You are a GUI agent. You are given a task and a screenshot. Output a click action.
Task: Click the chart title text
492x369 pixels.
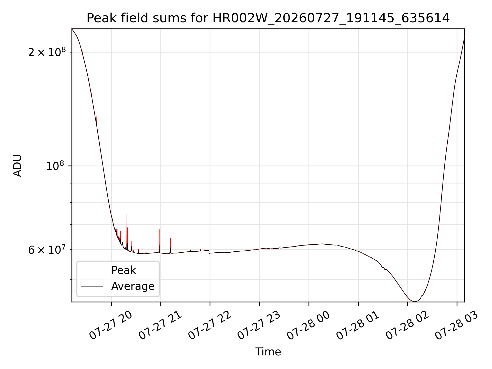tap(268, 18)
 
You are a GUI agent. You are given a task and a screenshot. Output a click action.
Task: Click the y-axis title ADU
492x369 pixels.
tap(17, 166)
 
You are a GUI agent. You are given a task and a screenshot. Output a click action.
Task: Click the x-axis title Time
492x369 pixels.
tap(268, 352)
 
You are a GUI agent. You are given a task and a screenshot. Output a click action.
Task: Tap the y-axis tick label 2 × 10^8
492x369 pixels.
tap(47, 52)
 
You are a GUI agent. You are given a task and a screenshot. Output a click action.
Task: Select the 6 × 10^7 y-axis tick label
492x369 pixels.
tap(47, 250)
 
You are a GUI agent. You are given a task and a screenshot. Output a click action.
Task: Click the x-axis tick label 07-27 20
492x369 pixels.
tap(111, 325)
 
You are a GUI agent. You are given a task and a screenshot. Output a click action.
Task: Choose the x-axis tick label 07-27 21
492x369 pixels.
tap(160, 325)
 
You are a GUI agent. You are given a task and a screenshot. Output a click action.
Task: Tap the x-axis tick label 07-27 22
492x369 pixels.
tap(210, 325)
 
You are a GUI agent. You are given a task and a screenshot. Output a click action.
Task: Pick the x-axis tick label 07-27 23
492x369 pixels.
tap(259, 325)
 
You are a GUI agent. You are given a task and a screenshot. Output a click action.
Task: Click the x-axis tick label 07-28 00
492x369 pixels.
tap(308, 325)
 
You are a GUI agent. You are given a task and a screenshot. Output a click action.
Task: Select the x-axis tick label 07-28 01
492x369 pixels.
tap(358, 325)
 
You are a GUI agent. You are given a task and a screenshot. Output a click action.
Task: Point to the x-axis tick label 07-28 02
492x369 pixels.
tap(407, 325)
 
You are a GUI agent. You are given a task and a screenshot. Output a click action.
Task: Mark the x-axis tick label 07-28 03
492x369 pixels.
tap(457, 325)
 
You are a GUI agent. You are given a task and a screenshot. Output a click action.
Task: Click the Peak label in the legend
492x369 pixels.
tap(124, 270)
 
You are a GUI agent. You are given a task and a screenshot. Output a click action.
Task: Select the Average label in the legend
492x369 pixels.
tap(133, 286)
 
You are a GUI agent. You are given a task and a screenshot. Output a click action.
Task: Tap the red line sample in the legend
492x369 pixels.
tap(92, 270)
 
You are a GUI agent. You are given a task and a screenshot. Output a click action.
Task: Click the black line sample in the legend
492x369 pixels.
tap(92, 286)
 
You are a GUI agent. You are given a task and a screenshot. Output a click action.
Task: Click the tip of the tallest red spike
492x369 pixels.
tap(127, 214)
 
